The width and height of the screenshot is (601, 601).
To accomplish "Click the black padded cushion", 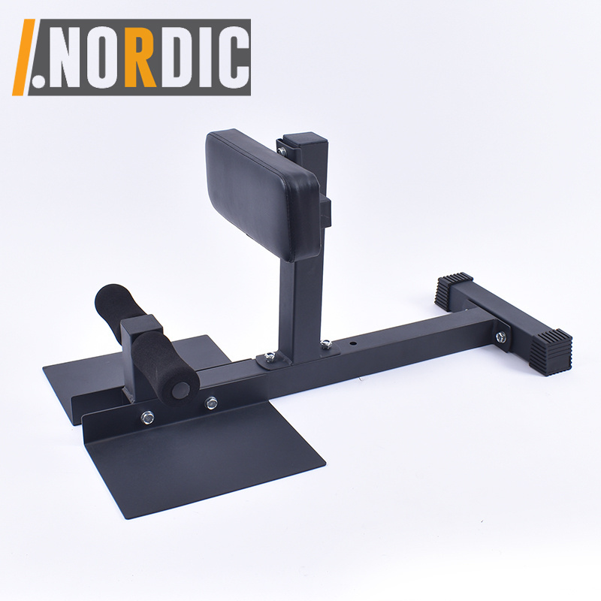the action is tap(263, 195).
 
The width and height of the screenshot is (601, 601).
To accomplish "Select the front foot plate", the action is tap(203, 458).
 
